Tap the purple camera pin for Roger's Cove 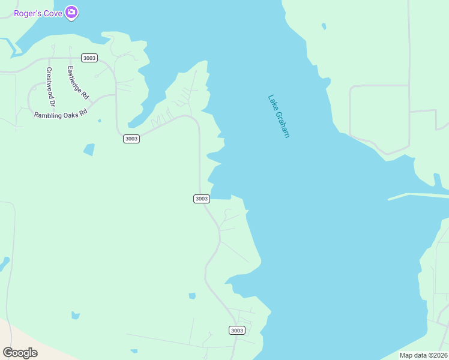(71, 12)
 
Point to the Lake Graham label (279, 116)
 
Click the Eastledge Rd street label (78, 82)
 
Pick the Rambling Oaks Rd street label (61, 113)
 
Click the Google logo (20, 352)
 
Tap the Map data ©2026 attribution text (423, 355)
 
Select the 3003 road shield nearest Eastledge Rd (89, 58)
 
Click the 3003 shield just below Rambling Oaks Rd (131, 139)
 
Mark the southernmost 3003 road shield (237, 331)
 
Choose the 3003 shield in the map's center (202, 199)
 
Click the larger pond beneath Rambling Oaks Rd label (89, 149)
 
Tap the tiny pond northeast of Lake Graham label (324, 26)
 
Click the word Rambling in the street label (47, 115)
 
